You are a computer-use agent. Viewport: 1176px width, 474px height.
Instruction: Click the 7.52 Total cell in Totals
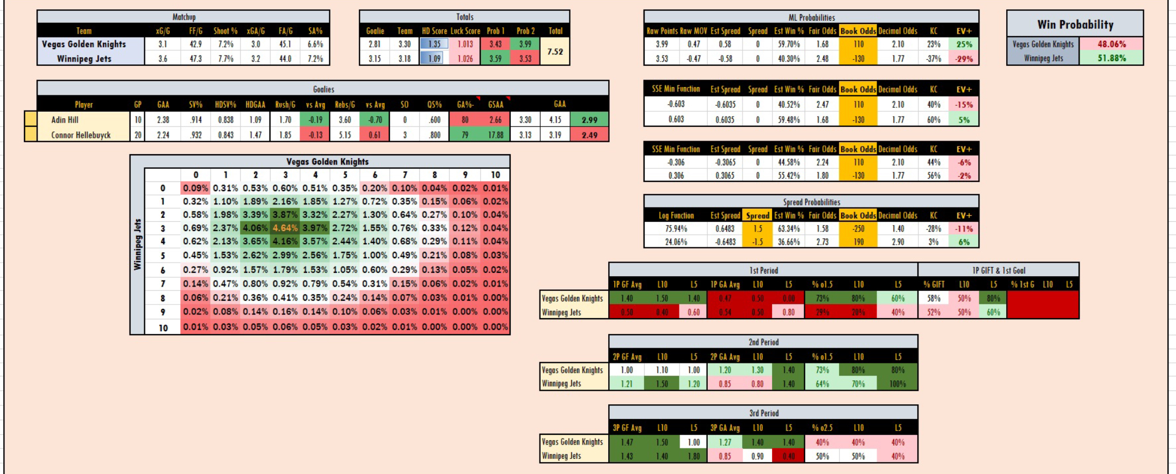coord(555,51)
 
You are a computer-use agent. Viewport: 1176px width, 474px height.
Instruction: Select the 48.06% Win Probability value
coord(1111,44)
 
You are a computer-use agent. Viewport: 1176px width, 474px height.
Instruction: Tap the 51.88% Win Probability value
coord(1111,58)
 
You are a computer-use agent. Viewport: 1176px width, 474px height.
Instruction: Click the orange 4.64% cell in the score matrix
coord(285,228)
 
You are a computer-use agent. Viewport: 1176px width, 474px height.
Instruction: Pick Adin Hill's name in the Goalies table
coord(65,120)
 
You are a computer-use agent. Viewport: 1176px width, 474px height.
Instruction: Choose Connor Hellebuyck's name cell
coord(81,135)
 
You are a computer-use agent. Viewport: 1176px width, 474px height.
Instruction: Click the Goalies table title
coord(323,89)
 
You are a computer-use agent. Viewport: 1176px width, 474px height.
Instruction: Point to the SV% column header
coord(195,104)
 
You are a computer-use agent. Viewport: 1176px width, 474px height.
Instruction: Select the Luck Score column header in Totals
coord(465,31)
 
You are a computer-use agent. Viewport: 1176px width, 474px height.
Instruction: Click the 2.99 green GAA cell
coord(589,120)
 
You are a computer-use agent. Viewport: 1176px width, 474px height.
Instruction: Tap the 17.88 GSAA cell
coord(495,135)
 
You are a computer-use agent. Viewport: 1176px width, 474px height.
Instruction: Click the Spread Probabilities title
coord(811,202)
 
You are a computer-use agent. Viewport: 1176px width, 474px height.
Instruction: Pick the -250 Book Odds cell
coord(858,229)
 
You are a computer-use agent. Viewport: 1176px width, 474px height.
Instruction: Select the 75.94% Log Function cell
coord(676,229)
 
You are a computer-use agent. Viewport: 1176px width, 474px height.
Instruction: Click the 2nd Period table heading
coord(763,342)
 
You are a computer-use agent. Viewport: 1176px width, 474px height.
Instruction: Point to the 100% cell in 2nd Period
coord(897,384)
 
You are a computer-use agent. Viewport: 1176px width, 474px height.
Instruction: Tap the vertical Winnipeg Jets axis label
coord(137,244)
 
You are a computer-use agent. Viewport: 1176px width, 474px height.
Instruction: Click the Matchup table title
coord(183,17)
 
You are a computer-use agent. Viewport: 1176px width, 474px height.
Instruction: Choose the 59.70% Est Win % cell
coord(788,44)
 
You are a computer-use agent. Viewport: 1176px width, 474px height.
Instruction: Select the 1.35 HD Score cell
coord(434,44)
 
